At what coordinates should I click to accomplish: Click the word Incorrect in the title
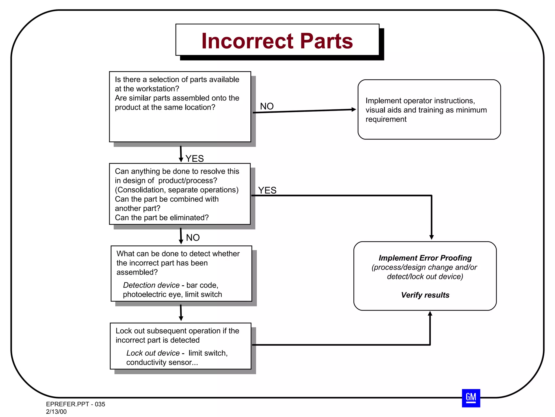coord(247,41)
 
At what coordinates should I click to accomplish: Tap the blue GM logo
coord(471,398)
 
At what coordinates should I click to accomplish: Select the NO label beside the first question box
coord(267,106)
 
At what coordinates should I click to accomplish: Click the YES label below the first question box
coord(195,159)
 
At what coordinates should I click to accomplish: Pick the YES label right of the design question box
coord(267,190)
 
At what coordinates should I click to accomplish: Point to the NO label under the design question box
coord(193,238)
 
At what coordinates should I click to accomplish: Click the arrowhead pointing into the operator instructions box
coord(353,109)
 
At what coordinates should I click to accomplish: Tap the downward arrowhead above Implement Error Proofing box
coord(431,237)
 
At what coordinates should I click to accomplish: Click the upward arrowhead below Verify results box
coord(430,314)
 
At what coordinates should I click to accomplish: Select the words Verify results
coord(425,295)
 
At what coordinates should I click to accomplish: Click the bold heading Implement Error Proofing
coord(425,258)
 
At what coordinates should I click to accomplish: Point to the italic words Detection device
coord(151,285)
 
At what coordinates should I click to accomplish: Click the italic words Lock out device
coord(153,353)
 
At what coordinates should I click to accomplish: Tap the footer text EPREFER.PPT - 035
coord(75,404)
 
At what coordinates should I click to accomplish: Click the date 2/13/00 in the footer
coord(56,412)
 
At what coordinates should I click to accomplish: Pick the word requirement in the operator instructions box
coord(386,119)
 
